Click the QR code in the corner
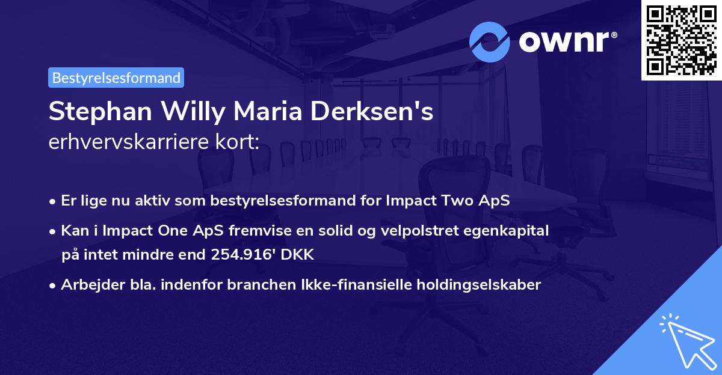coord(681,40)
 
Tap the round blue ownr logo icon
coord(490,41)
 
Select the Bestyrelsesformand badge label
coord(116,78)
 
